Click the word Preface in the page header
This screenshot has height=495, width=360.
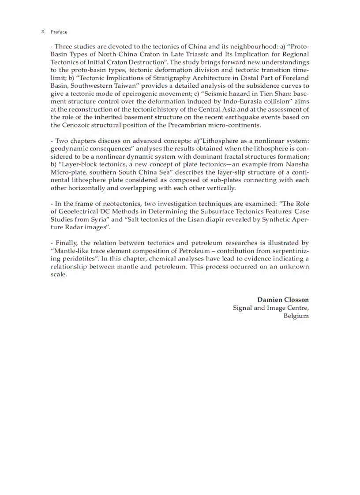pos(59,32)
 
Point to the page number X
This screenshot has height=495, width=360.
pos(43,32)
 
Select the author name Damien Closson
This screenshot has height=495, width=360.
pos(283,300)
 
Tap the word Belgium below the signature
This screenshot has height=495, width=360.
pos(296,316)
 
